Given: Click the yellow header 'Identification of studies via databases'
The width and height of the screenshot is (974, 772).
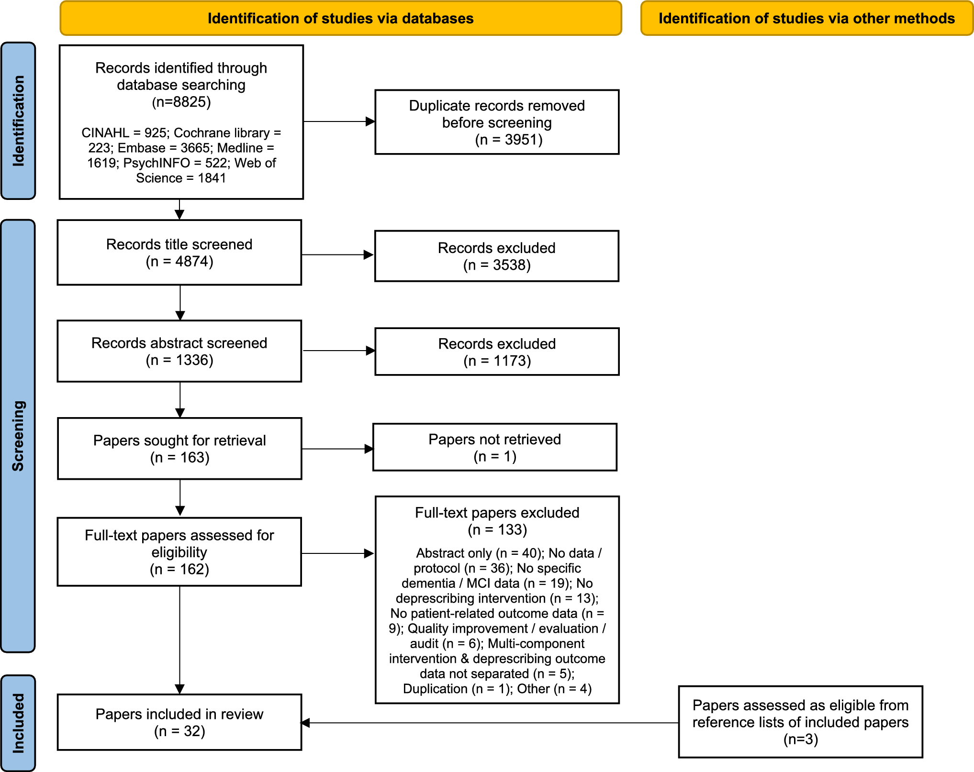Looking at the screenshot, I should pyautogui.click(x=340, y=18).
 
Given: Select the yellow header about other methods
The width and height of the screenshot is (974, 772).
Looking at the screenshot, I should pyautogui.click(x=806, y=18).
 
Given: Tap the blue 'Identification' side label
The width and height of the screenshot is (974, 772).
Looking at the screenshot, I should pyautogui.click(x=18, y=121).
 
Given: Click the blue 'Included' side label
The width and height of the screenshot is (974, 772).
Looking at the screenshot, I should pyautogui.click(x=18, y=723).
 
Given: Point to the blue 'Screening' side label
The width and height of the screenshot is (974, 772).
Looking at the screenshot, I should pyautogui.click(x=18, y=436).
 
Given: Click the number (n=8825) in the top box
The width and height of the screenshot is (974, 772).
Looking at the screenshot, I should pyautogui.click(x=181, y=102).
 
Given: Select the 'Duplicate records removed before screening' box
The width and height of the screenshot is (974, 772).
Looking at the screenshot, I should pyautogui.click(x=497, y=122).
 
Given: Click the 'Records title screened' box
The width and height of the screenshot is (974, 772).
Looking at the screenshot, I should pyautogui.click(x=179, y=253).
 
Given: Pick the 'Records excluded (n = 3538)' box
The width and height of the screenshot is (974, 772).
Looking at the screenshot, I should pyautogui.click(x=497, y=256).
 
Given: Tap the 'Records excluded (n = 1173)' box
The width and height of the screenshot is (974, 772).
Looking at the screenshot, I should pyautogui.click(x=497, y=352).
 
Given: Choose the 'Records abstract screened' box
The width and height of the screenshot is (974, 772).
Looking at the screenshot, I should pyautogui.click(x=179, y=351).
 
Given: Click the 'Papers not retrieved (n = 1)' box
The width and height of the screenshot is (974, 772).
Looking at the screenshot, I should pyautogui.click(x=494, y=447).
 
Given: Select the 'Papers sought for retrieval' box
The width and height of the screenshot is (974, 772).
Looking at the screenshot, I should pyautogui.click(x=179, y=449).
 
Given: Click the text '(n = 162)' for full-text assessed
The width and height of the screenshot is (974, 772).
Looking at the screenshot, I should pyautogui.click(x=179, y=569).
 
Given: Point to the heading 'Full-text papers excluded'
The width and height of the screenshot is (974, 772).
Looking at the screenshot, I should pyautogui.click(x=497, y=513).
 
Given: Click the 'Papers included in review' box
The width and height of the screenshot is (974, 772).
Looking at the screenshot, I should pyautogui.click(x=179, y=722).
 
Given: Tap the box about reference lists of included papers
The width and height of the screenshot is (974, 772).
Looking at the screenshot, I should pyautogui.click(x=800, y=722).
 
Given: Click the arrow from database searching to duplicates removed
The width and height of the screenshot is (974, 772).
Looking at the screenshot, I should pyautogui.click(x=339, y=121).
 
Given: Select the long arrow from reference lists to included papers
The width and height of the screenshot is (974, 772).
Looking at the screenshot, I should pyautogui.click(x=488, y=723).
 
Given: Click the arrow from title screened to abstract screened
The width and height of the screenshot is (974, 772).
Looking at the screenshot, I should pyautogui.click(x=180, y=302).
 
